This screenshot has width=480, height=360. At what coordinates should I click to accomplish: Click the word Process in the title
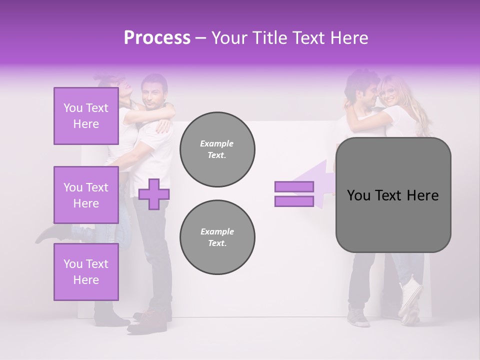click(x=157, y=37)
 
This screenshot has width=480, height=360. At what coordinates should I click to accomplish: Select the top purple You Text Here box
click(x=86, y=116)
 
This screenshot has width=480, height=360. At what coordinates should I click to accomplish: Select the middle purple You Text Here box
click(x=86, y=195)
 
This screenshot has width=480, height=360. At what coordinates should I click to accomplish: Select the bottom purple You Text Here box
click(x=86, y=272)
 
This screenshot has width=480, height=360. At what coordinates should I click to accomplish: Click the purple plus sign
click(x=153, y=194)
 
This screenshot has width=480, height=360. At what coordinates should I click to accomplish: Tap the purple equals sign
click(x=294, y=194)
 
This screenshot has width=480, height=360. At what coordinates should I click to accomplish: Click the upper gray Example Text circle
click(x=217, y=149)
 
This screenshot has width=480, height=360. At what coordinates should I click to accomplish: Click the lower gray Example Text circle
click(x=217, y=237)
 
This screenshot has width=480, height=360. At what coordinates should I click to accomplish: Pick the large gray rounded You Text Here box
click(x=393, y=195)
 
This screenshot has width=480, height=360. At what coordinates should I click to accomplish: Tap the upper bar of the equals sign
click(x=294, y=187)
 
